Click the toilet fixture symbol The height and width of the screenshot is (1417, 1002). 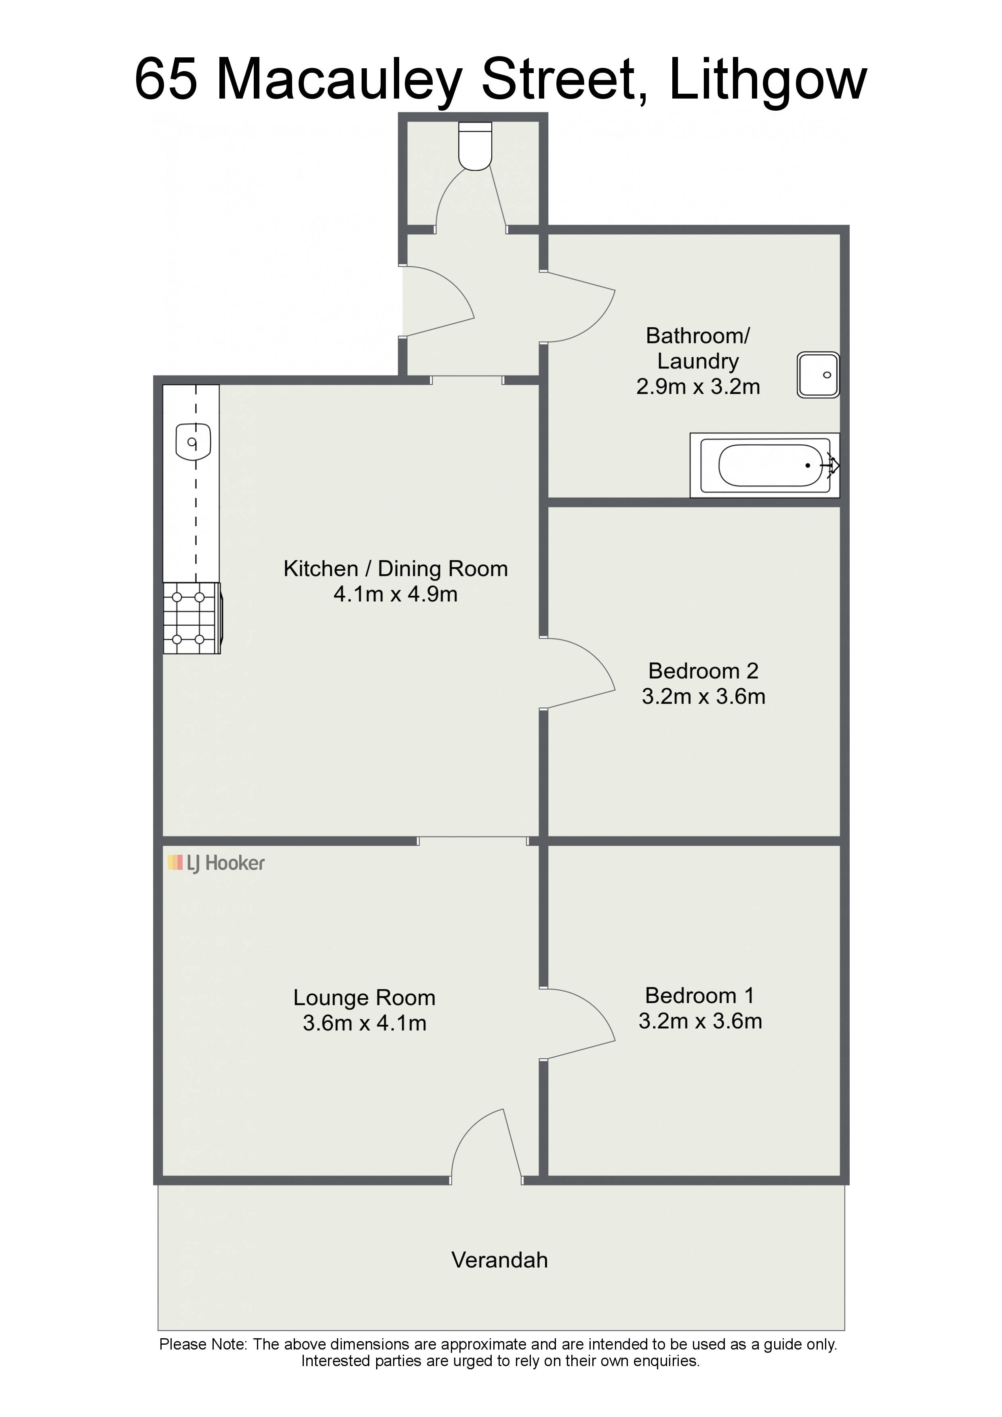coord(476,146)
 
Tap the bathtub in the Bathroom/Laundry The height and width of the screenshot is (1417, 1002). coord(765,465)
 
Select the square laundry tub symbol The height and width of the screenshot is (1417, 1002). coord(818,374)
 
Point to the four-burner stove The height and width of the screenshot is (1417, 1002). coord(192,618)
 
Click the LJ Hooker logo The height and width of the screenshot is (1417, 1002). coord(216,863)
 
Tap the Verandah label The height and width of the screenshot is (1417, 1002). coord(499,1259)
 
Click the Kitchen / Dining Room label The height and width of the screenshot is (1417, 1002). coord(396,568)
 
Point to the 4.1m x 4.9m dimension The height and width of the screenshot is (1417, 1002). coord(396,594)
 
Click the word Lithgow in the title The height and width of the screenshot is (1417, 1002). coord(768,80)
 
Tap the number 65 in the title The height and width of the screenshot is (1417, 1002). coord(166,80)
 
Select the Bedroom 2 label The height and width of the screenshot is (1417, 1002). coord(703,671)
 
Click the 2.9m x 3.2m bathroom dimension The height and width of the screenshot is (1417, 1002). coord(698,386)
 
